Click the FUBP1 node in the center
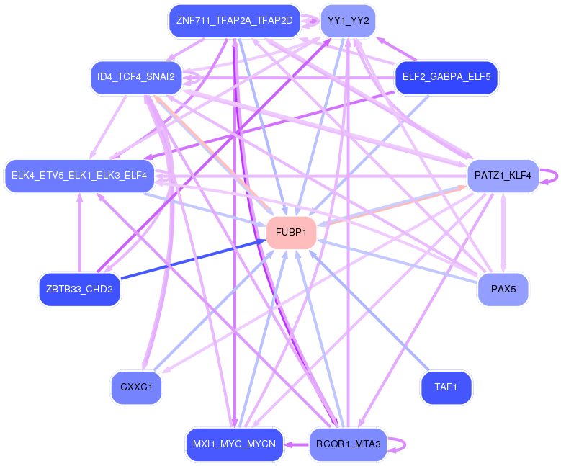click(292, 233)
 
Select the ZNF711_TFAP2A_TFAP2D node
click(234, 21)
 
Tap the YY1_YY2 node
click(348, 21)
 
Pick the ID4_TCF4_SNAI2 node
click(136, 77)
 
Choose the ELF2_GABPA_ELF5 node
click(446, 77)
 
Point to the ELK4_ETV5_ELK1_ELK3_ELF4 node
click(79, 175)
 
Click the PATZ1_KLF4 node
click(503, 175)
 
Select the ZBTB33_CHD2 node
click(79, 290)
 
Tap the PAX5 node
click(503, 290)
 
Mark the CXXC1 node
click(136, 387)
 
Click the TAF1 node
click(446, 387)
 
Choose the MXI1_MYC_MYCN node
click(234, 444)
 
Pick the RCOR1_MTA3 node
click(348, 444)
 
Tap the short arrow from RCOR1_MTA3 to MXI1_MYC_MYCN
click(296, 444)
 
